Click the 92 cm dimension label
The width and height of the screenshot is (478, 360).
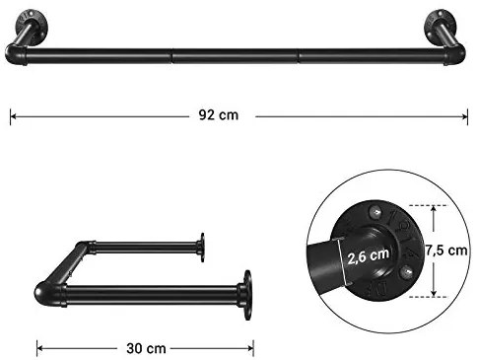click(x=218, y=115)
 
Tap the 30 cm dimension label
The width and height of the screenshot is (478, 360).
click(x=146, y=348)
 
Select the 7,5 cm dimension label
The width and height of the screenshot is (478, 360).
click(x=446, y=251)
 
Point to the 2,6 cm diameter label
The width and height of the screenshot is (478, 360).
click(x=368, y=255)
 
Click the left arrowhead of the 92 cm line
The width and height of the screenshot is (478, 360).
click(x=13, y=116)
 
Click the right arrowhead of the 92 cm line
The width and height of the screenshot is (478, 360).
click(x=464, y=116)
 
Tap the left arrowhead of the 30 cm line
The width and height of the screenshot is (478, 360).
click(x=40, y=348)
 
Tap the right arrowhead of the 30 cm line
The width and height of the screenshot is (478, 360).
click(x=250, y=348)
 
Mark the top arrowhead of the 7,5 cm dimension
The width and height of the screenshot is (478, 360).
click(x=434, y=209)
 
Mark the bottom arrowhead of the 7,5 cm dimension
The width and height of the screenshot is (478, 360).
click(x=434, y=293)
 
